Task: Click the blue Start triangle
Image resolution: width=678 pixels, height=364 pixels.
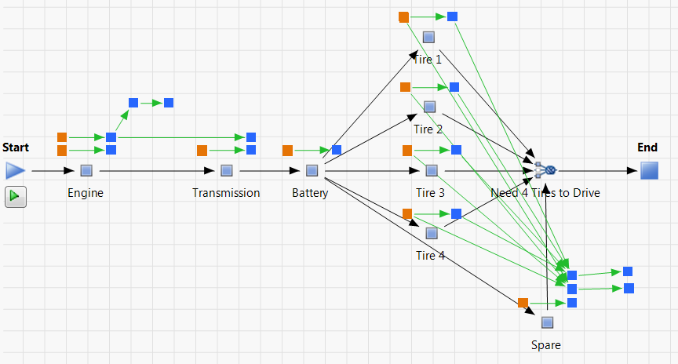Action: pyautogui.click(x=15, y=170)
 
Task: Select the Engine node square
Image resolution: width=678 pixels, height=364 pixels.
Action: pyautogui.click(x=86, y=170)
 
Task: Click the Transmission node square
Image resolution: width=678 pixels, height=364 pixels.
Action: pyautogui.click(x=226, y=170)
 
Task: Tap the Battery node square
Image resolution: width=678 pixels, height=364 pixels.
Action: pyautogui.click(x=312, y=170)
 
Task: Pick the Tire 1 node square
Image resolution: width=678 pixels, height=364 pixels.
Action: pyautogui.click(x=428, y=37)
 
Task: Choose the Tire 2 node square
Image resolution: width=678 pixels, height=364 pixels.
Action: pyautogui.click(x=429, y=107)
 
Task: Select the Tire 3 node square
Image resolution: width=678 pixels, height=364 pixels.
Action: pyautogui.click(x=431, y=170)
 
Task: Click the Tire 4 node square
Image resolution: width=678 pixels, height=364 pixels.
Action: pyautogui.click(x=431, y=233)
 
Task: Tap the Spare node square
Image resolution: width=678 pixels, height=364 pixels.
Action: pyautogui.click(x=547, y=322)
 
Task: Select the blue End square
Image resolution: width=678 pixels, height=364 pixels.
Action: pyautogui.click(x=649, y=170)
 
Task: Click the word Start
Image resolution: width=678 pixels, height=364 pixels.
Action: pyautogui.click(x=16, y=147)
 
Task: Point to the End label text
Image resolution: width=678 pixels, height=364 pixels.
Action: pyautogui.click(x=647, y=147)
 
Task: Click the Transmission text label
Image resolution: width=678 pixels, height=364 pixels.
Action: pyautogui.click(x=226, y=193)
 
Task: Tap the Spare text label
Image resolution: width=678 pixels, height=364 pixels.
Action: pyautogui.click(x=546, y=344)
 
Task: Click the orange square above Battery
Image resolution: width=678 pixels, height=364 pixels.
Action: pyautogui.click(x=287, y=150)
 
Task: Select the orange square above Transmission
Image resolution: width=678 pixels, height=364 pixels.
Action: pyautogui.click(x=202, y=150)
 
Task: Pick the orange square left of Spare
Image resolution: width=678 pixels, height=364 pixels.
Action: pyautogui.click(x=523, y=302)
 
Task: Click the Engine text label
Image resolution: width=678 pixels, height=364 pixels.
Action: pyautogui.click(x=86, y=193)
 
